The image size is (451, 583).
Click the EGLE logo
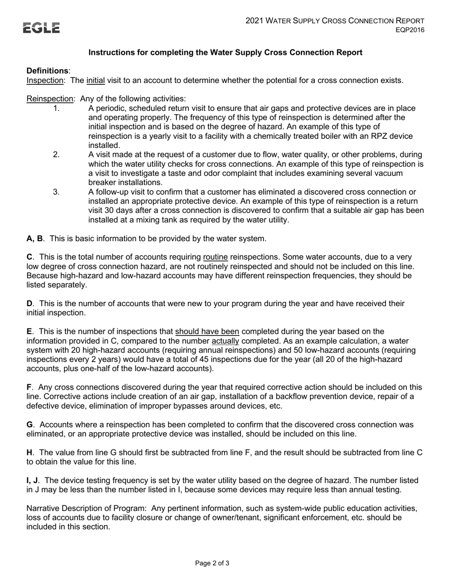click(x=42, y=28)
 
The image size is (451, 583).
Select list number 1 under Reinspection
click(x=56, y=108)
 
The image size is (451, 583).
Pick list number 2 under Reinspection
click(x=56, y=155)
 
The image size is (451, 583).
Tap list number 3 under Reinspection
click(x=56, y=192)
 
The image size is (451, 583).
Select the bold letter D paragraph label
click(x=29, y=303)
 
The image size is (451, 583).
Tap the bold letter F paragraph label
click(x=29, y=387)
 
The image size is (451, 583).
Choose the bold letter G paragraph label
click(x=29, y=425)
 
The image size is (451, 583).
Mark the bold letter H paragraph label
click(x=29, y=452)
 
